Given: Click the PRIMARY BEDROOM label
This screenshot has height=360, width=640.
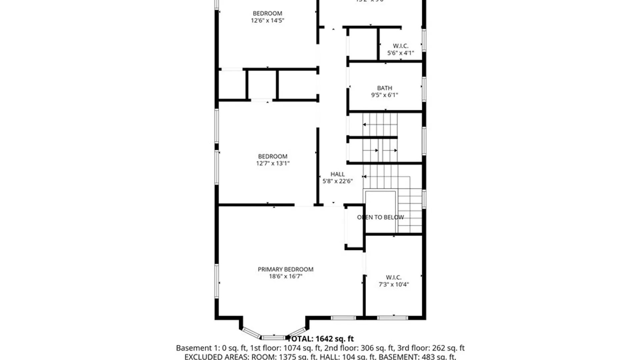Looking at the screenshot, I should (285, 269).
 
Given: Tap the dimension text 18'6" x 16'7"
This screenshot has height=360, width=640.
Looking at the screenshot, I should (285, 276).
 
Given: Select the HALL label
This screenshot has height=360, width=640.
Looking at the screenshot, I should (337, 174).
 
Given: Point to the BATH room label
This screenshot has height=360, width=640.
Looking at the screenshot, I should (384, 88).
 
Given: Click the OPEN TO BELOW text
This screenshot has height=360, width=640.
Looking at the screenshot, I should (380, 217).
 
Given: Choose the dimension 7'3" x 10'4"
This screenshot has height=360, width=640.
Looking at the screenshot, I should (393, 284).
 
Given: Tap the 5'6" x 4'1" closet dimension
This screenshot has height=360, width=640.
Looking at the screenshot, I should (400, 53).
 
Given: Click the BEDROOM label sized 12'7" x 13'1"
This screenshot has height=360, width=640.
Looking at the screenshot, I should (272, 156).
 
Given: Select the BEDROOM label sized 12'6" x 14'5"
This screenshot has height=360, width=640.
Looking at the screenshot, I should (267, 13).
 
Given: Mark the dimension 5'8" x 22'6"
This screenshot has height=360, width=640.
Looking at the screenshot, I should (337, 181).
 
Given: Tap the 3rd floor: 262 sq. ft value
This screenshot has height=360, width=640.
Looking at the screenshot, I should (431, 348).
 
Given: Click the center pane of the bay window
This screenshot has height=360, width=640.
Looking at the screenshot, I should (273, 337).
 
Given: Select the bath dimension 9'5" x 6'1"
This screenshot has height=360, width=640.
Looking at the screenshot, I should (384, 95).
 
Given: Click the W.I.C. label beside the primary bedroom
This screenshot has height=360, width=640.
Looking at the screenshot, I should (393, 277).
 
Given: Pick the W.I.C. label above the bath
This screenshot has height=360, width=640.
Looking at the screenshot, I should (400, 46).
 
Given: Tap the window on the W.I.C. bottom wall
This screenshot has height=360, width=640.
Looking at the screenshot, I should (392, 318).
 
